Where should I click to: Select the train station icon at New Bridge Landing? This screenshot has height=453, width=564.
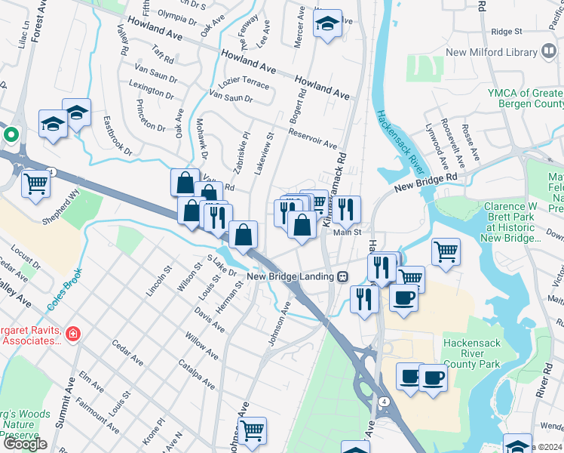[342, 276]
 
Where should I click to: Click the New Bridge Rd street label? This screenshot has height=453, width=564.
[425, 180]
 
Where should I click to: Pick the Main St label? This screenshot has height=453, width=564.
[348, 233]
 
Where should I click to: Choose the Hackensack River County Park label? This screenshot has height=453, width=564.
[472, 353]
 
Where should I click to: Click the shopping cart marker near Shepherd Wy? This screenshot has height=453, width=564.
[35, 183]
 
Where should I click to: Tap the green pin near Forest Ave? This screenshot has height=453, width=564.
[11, 136]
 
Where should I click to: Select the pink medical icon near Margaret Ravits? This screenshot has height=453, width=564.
[73, 334]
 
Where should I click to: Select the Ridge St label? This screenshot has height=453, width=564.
[507, 32]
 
